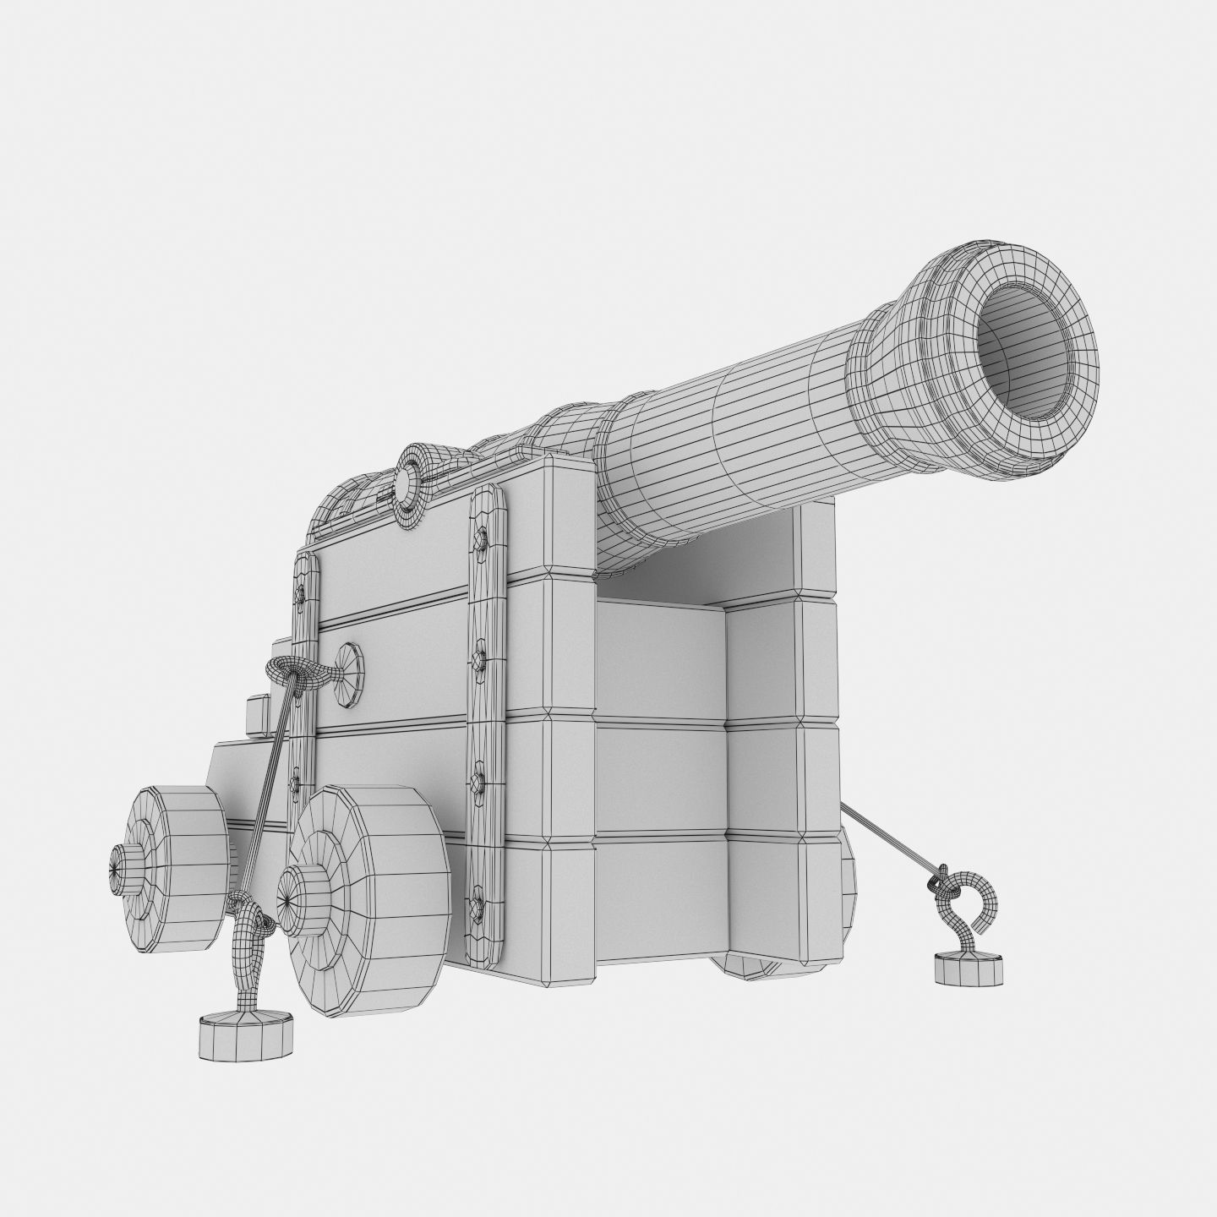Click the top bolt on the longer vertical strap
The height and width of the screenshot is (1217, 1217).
pyautogui.click(x=482, y=538)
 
